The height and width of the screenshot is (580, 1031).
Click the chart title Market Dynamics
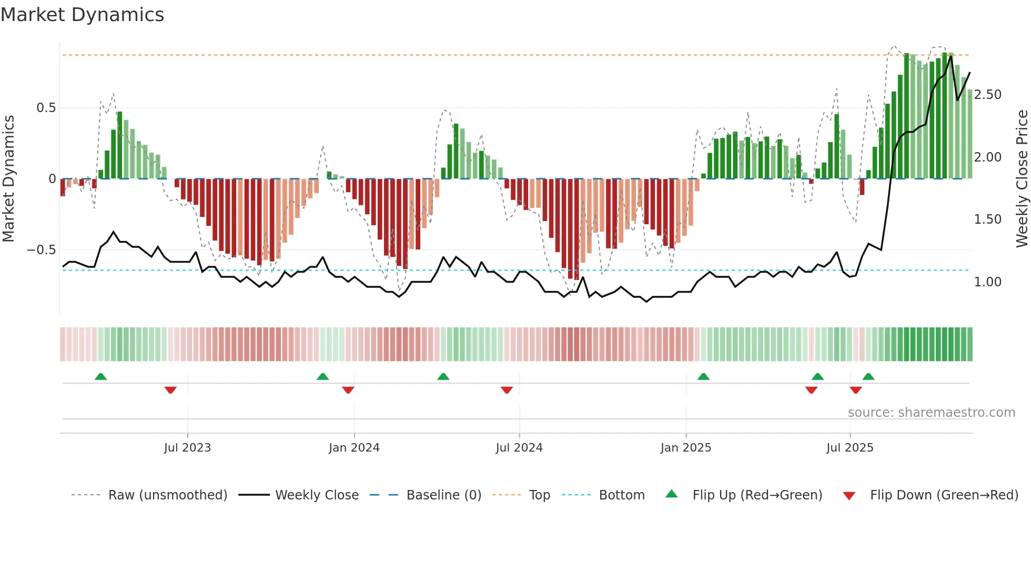click(x=82, y=15)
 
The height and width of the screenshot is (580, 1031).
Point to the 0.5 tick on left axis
click(x=46, y=108)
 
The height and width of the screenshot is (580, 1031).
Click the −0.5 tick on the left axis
click(x=42, y=250)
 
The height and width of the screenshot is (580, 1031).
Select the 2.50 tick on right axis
click(x=987, y=95)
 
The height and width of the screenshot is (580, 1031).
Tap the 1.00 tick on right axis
click(x=987, y=282)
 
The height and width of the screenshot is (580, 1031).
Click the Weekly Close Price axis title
click(x=1022, y=178)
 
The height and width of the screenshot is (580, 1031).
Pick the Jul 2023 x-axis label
click(x=187, y=448)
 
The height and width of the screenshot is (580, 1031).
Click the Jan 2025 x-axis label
click(x=685, y=448)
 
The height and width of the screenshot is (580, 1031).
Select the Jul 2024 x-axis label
click(x=519, y=448)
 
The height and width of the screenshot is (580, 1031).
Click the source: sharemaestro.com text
click(x=931, y=413)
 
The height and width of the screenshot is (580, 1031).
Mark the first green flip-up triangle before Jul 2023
click(x=100, y=376)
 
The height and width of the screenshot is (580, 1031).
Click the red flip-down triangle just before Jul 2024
click(x=507, y=390)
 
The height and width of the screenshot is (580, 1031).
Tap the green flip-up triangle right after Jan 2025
click(x=703, y=376)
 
